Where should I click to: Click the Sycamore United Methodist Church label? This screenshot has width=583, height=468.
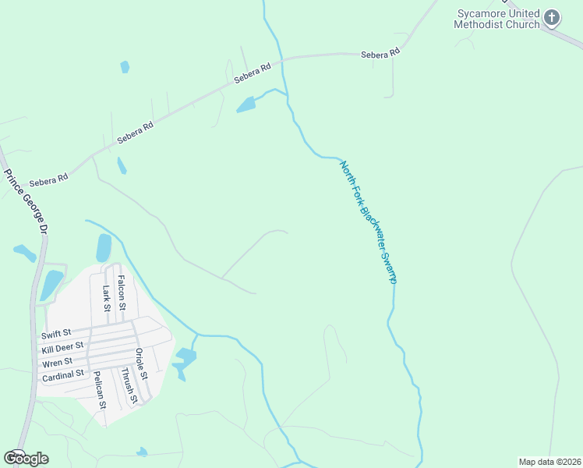coord(497,19)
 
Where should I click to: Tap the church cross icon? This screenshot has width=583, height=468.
coord(552,17)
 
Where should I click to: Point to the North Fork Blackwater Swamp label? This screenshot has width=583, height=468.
coord(369,222)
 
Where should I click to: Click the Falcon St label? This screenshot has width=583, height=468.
coord(121,288)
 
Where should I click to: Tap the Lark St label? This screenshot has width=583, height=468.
coord(106,298)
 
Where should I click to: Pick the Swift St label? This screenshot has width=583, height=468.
coord(56,335)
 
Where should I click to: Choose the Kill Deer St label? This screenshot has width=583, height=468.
coord(62,348)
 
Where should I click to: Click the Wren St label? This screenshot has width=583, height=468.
coord(58,361)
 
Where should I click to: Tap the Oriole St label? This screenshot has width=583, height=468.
coord(141,363)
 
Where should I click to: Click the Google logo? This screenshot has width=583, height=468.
coord(26,459)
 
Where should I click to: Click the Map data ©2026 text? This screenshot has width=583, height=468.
coord(549,462)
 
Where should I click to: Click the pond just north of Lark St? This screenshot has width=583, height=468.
coord(104,248)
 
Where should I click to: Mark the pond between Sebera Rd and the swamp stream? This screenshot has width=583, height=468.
coord(246,104)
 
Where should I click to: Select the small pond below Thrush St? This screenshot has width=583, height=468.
coord(142,452)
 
